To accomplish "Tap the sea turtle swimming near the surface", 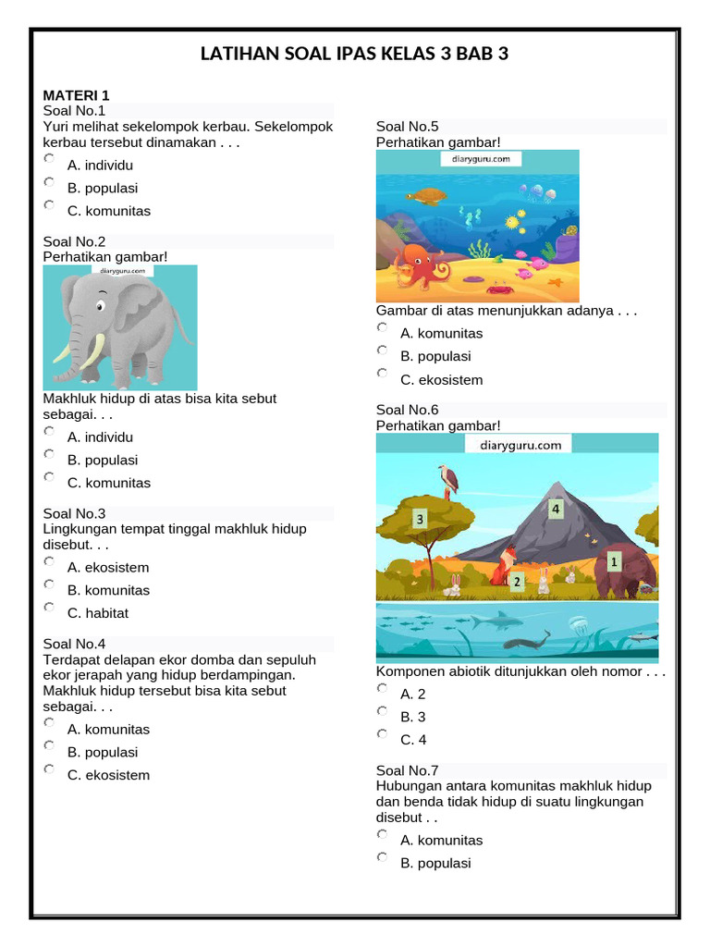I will pyautogui.click(x=426, y=196).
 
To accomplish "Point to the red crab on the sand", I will pyautogui.click(x=500, y=288).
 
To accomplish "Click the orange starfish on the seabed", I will pyautogui.click(x=555, y=281).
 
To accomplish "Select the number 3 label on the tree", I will pyautogui.click(x=420, y=520).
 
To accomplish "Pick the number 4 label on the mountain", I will pyautogui.click(x=556, y=508).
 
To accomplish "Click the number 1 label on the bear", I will pyautogui.click(x=613, y=560).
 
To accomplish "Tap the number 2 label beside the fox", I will pyautogui.click(x=517, y=582).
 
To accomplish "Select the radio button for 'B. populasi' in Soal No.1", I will pyautogui.click(x=49, y=182).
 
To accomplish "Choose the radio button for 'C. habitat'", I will pyautogui.click(x=49, y=608).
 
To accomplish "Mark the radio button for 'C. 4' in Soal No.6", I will pyautogui.click(x=382, y=734).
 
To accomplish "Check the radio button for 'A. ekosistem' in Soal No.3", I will pyautogui.click(x=49, y=561).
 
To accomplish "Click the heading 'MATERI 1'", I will pyautogui.click(x=76, y=95).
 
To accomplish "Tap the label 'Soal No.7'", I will pyautogui.click(x=407, y=770).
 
